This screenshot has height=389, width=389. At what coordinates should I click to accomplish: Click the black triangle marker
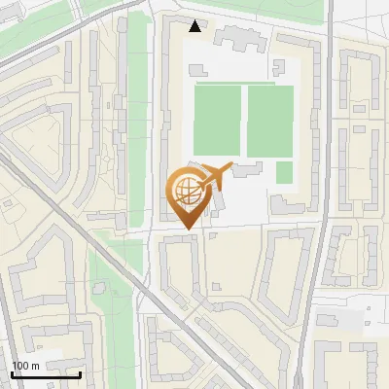pyautogui.click(x=195, y=26)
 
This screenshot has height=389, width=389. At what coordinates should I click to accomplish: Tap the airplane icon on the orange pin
pyautogui.click(x=215, y=176)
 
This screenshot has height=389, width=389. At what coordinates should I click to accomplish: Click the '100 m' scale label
pyautogui.click(x=25, y=366)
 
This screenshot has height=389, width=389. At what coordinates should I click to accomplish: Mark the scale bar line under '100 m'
pyautogui.click(x=46, y=374)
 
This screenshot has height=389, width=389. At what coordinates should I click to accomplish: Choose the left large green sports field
pyautogui.click(x=217, y=120)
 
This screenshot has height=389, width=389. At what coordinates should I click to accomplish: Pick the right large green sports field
pyautogui.click(x=269, y=120)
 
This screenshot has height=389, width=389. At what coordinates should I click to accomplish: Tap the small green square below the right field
pyautogui.click(x=284, y=172)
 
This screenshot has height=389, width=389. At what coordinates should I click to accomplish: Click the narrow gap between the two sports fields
pyautogui.click(x=243, y=120)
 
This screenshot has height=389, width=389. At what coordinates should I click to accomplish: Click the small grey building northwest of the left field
pyautogui.click(x=197, y=70)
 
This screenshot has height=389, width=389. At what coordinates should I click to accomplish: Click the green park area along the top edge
pyautogui.click(x=224, y=8)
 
